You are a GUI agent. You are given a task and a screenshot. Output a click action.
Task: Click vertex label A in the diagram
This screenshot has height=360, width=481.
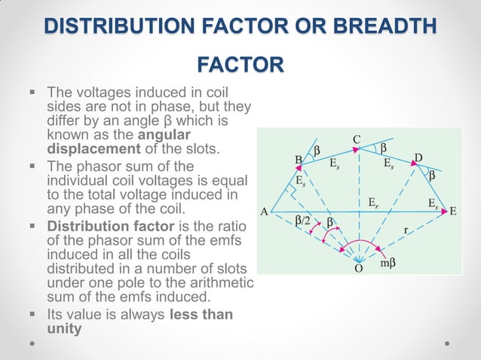coord(265,212)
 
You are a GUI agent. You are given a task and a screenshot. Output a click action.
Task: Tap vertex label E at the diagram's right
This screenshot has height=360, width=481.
coord(454,212)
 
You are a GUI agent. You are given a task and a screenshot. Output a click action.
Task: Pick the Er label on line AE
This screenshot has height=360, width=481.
coord(373,203)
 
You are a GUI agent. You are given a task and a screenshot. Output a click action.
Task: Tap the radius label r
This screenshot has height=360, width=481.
coord(406,233)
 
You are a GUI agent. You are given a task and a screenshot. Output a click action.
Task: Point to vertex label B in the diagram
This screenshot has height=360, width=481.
coord(299,160)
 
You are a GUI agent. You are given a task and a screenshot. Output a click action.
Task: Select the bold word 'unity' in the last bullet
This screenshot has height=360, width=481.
coord(64,328)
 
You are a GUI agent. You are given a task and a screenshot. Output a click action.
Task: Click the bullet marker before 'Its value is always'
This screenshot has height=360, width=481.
coord(32,314)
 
